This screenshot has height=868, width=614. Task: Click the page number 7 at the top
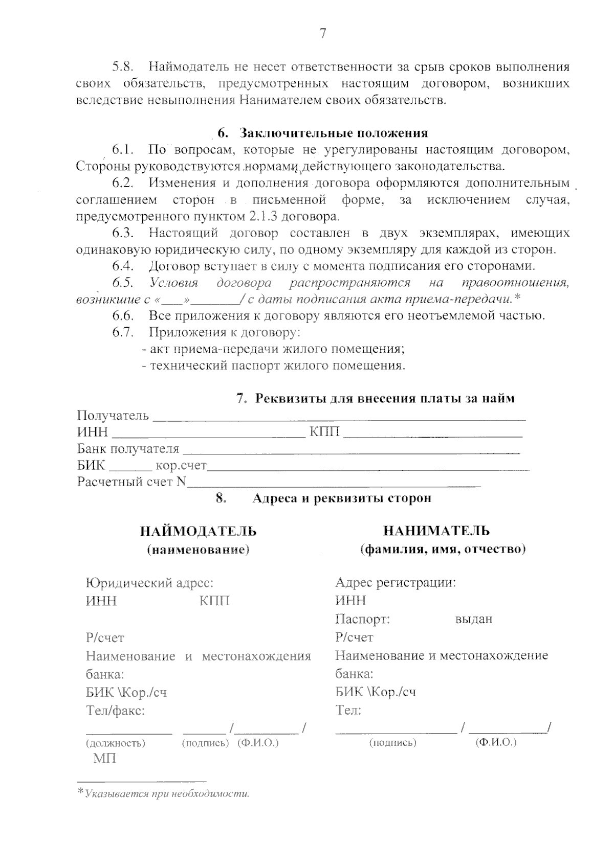coord(322,34)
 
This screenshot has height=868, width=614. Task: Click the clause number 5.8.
coord(123,67)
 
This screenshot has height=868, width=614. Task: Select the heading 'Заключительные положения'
coord(334,133)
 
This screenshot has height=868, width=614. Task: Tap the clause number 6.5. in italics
coord(123,283)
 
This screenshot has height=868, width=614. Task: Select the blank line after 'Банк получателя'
coord(351,450)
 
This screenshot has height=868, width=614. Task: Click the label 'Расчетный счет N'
coord(131,482)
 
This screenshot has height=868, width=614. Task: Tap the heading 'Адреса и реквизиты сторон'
coord(341,498)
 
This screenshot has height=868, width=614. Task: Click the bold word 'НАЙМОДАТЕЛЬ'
coord(199,531)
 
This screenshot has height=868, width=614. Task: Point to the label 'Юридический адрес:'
coord(149,583)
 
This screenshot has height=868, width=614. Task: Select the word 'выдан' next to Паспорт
coord(473,620)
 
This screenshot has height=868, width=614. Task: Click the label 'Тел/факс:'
coord(115,711)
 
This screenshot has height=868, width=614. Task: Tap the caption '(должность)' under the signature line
coord(115,743)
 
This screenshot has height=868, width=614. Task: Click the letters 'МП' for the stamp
coord(104,759)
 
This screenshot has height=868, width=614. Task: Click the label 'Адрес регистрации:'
coord(395,583)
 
